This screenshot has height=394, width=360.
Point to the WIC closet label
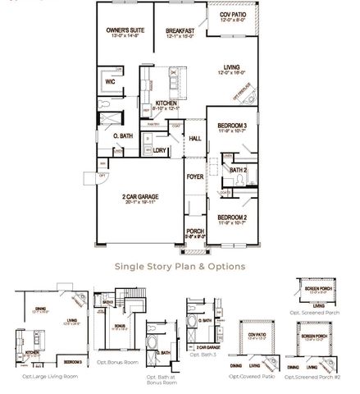tap(109, 82)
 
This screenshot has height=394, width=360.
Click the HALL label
tap(195, 140)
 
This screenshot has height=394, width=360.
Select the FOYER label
tap(194, 176)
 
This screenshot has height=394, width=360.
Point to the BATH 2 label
tap(238, 170)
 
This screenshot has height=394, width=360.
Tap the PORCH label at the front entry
tap(195, 231)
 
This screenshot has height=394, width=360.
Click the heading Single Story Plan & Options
tap(180, 266)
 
